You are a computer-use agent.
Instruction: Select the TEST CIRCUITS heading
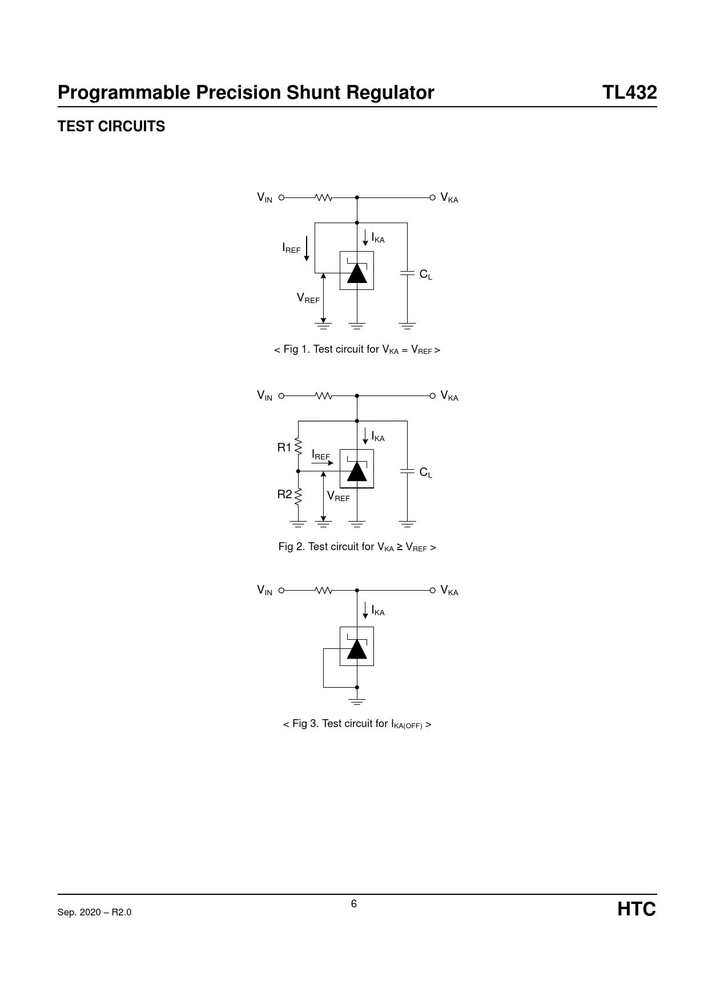click(111, 126)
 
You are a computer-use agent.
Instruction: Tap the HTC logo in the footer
click(637, 909)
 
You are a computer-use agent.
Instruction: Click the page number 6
click(354, 903)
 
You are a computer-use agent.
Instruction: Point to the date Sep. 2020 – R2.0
click(94, 912)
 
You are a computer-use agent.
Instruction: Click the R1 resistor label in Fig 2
click(284, 447)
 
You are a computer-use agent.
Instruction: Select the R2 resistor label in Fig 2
click(284, 495)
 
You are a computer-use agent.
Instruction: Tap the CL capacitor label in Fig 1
click(426, 275)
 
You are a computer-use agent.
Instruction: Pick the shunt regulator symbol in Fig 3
click(357, 647)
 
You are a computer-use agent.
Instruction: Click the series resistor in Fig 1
click(324, 197)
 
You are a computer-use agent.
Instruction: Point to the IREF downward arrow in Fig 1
click(307, 248)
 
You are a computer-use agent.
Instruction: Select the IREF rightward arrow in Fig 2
click(323, 463)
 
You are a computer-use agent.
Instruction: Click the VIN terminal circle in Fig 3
click(281, 591)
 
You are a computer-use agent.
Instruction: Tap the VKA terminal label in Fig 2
click(449, 396)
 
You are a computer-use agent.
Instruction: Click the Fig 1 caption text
click(357, 349)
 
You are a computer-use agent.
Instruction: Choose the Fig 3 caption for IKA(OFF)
click(357, 724)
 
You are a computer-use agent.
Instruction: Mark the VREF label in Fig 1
click(308, 298)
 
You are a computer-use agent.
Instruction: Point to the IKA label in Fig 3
click(378, 611)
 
